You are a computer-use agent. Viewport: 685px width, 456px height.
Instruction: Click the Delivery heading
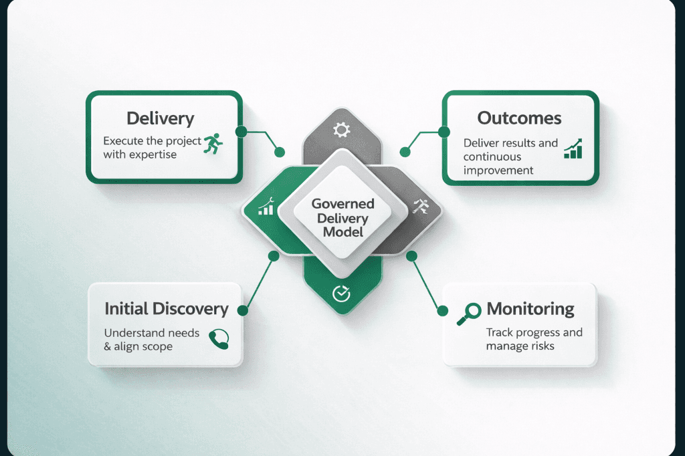pos(161,119)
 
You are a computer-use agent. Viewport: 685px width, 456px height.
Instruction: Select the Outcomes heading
pos(519,118)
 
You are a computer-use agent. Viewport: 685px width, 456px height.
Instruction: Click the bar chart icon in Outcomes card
pos(573,149)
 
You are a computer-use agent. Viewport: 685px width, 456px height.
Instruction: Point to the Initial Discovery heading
pos(167,309)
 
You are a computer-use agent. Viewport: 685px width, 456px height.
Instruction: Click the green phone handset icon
pos(219,339)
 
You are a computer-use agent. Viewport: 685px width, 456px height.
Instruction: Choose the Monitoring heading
pos(530,309)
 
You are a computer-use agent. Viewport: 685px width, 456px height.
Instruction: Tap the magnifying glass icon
pos(468,313)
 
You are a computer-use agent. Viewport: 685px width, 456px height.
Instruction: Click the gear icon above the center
pos(342,130)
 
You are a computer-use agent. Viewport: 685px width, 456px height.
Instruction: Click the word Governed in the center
pos(342,204)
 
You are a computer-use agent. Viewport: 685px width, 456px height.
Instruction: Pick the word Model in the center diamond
pos(342,232)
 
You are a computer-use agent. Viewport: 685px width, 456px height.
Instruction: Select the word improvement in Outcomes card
pos(498,170)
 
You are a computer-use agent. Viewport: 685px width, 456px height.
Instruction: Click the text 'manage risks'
pos(520,346)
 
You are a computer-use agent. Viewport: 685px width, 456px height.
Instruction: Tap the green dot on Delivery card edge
pos(241,132)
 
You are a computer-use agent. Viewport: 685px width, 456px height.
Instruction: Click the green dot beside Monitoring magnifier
pos(442,310)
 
